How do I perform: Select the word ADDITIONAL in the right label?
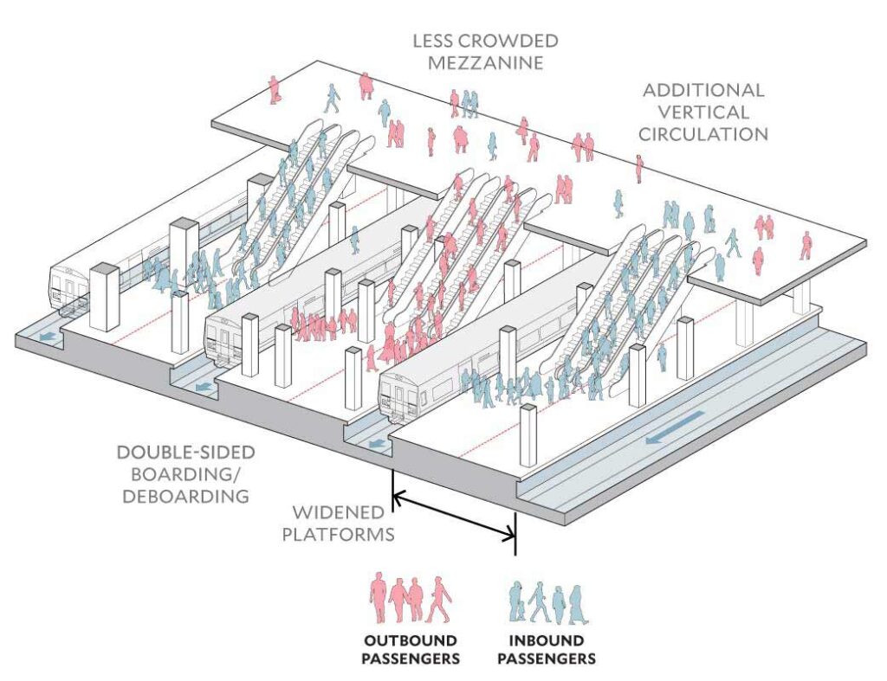click(x=703, y=90)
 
